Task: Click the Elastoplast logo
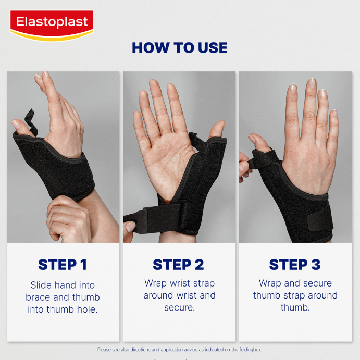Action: pyautogui.click(x=52, y=26)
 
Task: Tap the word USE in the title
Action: pyautogui.click(x=213, y=48)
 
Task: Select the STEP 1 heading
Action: pyautogui.click(x=63, y=265)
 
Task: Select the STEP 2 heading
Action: pyautogui.click(x=178, y=265)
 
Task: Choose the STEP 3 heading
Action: pyautogui.click(x=295, y=265)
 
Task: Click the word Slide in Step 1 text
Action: pyautogui.click(x=41, y=285)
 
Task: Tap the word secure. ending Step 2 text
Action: pyautogui.click(x=180, y=308)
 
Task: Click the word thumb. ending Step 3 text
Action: pyautogui.click(x=295, y=307)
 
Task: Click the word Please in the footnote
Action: pyautogui.click(x=104, y=350)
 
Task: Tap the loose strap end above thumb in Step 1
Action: pyautogui.click(x=31, y=122)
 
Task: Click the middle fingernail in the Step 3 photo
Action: pyautogui.click(x=312, y=83)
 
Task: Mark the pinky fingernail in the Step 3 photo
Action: pyautogui.click(x=334, y=114)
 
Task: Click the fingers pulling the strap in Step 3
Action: pyautogui.click(x=244, y=167)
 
